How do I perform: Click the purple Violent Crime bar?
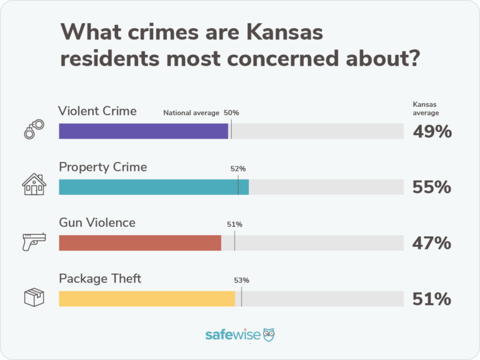point(143,131)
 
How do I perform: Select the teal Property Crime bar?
point(154,187)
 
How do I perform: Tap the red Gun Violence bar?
point(140,242)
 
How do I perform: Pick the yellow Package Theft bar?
point(147,298)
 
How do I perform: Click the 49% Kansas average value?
point(431,132)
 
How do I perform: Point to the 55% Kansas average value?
point(431,187)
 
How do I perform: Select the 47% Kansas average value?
point(431,243)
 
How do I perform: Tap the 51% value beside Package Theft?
point(431,299)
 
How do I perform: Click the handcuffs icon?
point(34,128)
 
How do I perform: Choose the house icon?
point(34,184)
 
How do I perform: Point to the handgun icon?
point(34,241)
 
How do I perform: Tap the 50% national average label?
point(231,113)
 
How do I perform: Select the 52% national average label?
point(238,169)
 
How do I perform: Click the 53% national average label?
point(242,281)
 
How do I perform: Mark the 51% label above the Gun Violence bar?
point(235,224)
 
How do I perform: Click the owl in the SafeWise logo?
point(268,334)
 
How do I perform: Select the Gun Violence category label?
point(97,222)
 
